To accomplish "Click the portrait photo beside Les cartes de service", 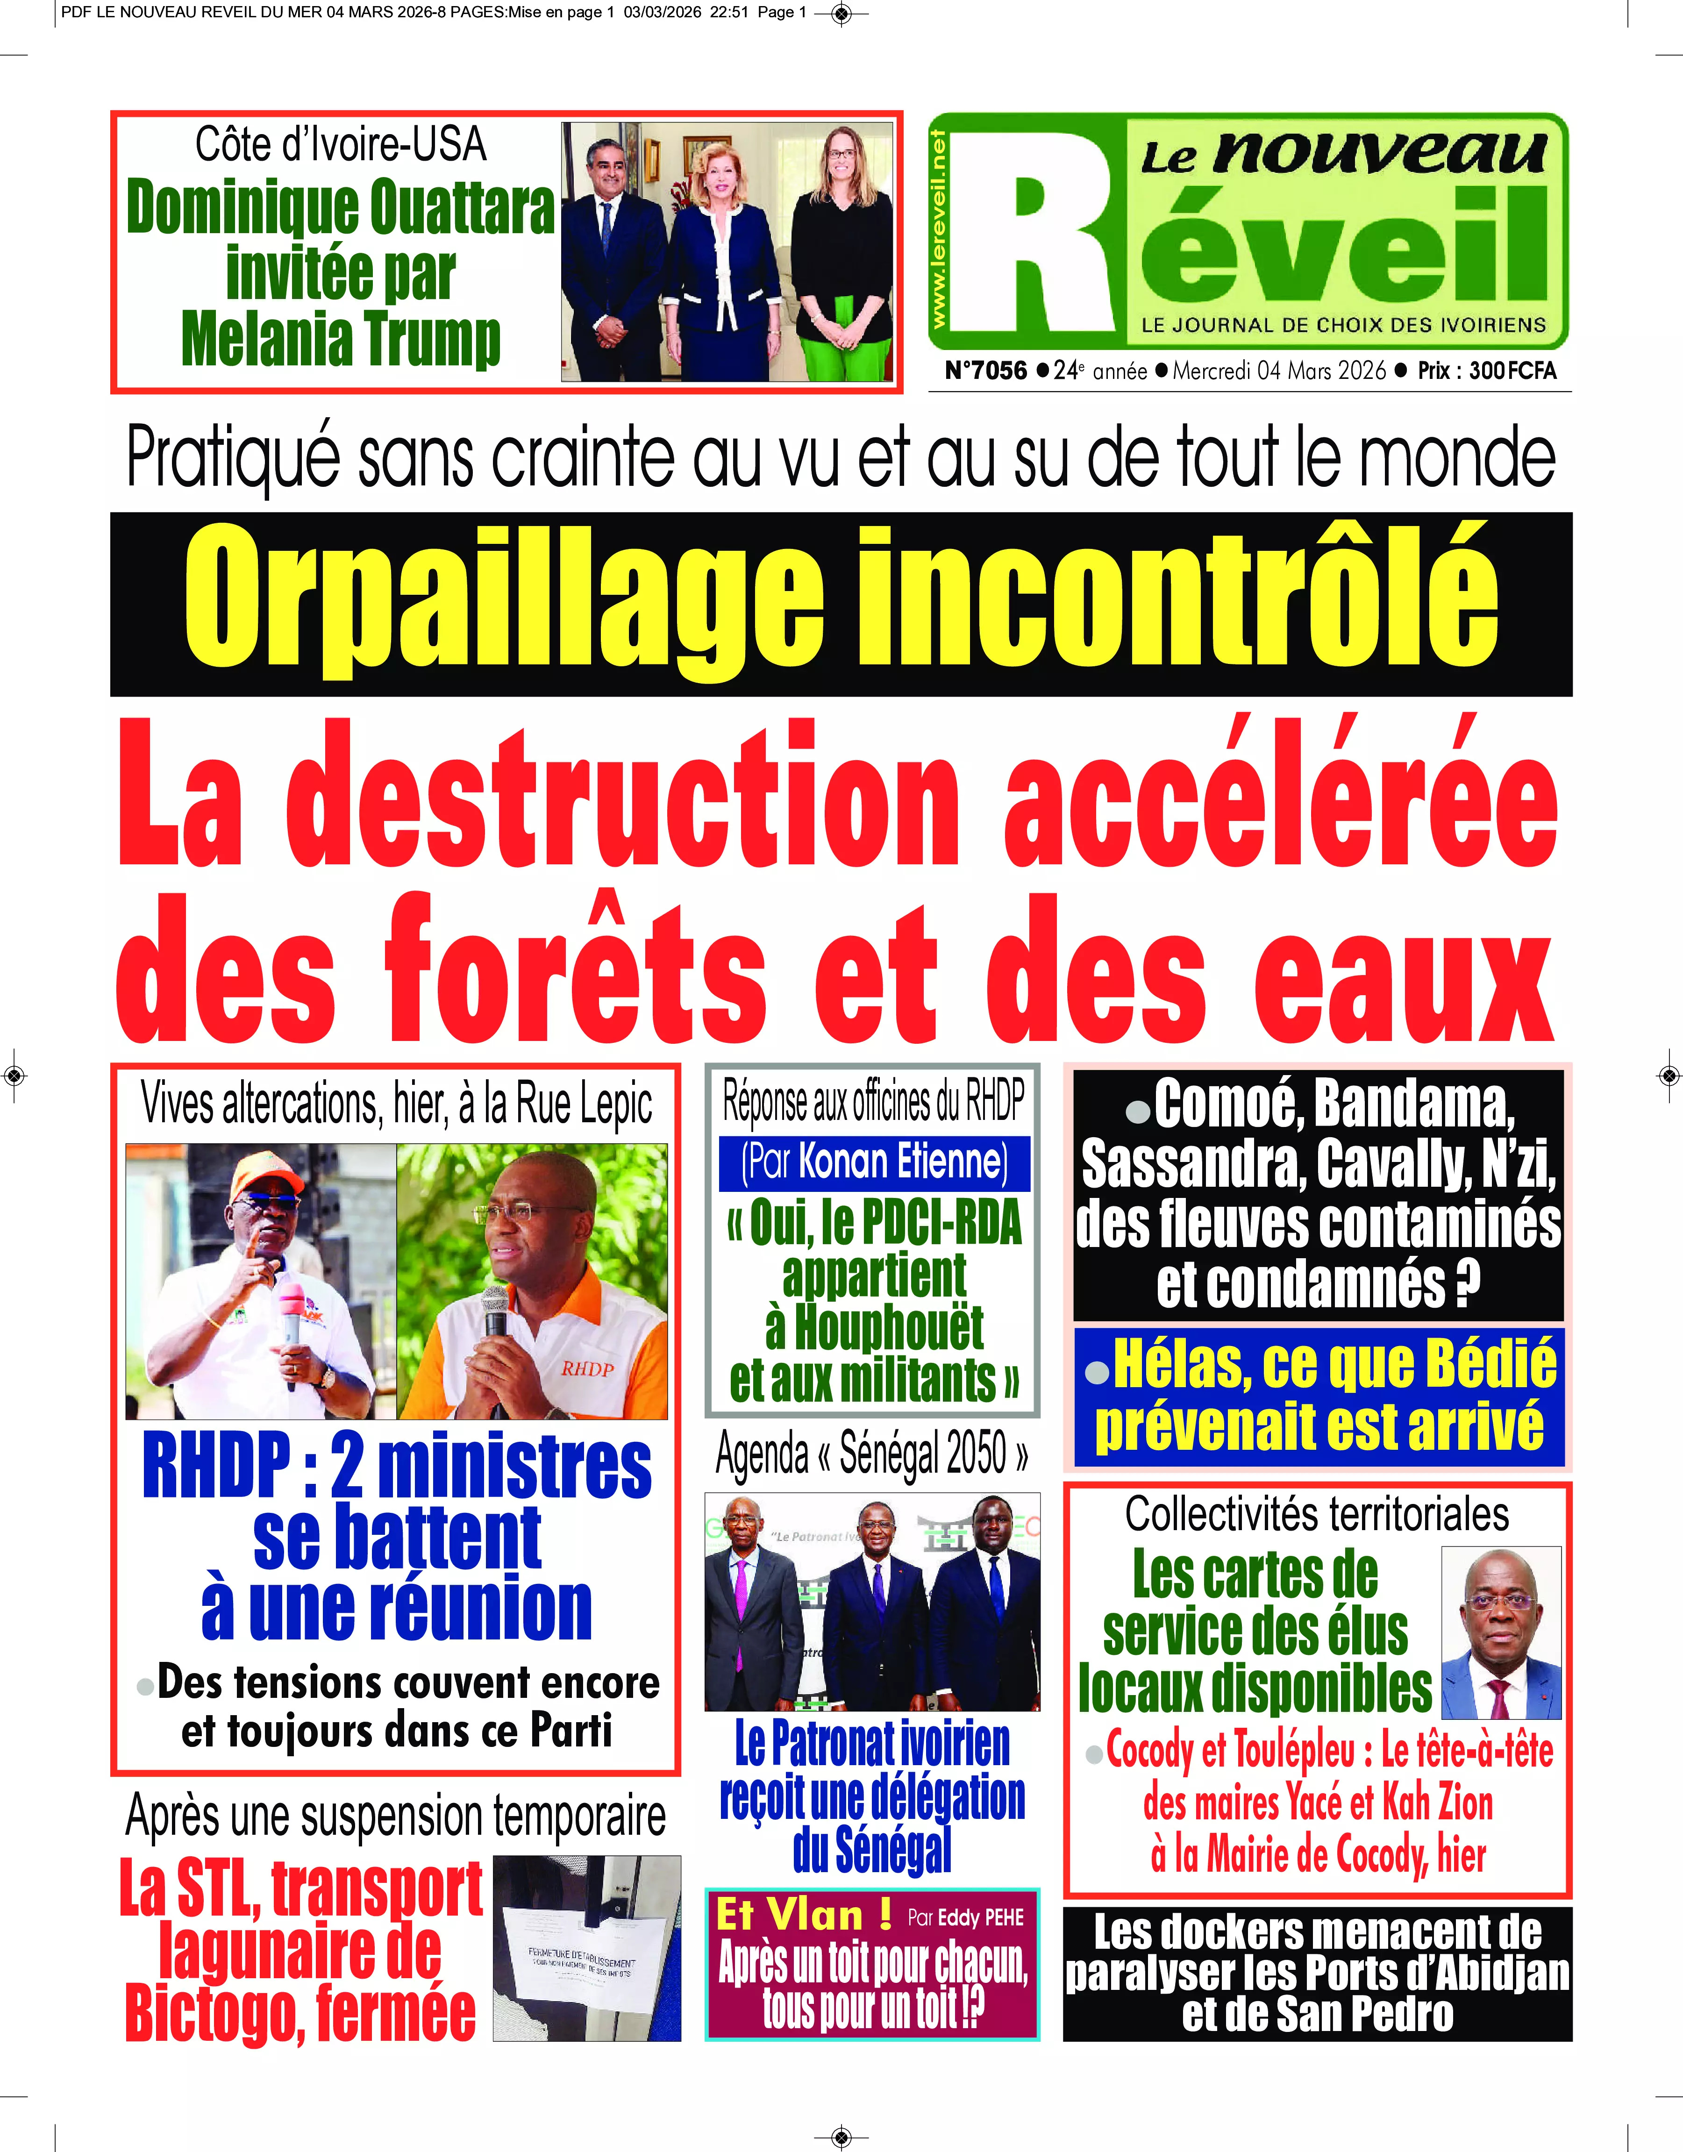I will (1501, 1633).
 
